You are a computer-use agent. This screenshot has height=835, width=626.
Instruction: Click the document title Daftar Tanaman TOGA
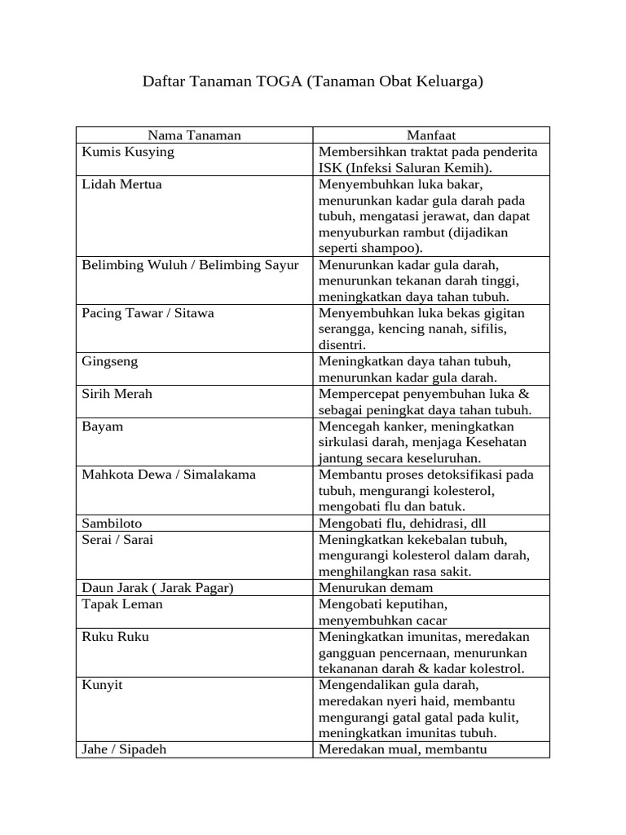313,82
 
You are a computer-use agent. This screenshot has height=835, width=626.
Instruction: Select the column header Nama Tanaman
194,135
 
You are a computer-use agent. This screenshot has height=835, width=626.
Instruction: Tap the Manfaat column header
431,135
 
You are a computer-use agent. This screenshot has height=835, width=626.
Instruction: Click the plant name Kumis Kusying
128,152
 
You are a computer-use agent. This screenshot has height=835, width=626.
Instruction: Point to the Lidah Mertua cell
122,184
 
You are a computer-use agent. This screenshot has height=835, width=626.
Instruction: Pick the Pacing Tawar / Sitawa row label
148,313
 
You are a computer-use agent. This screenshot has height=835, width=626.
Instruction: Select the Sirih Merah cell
117,394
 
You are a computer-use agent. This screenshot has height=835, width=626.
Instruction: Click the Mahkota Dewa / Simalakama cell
169,475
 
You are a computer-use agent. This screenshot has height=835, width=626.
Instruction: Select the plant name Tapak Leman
122,604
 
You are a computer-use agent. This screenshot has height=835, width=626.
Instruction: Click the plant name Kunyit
103,685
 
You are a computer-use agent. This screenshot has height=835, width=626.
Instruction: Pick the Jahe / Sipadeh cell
124,749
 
